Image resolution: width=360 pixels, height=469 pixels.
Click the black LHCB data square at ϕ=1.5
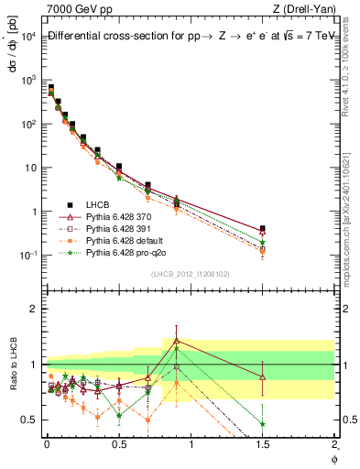point(263,229)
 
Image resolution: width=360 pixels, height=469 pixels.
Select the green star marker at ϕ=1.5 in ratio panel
point(263,424)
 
